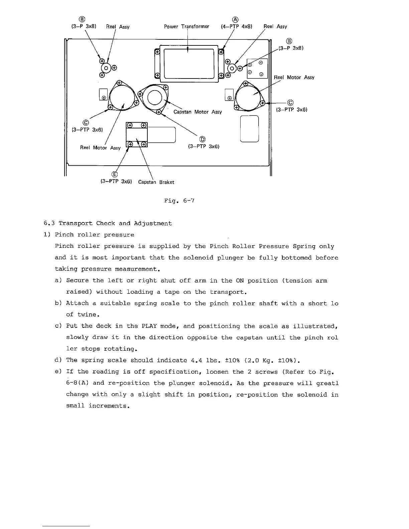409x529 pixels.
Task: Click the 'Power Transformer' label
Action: [186, 26]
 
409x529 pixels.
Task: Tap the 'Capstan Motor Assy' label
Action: [197, 112]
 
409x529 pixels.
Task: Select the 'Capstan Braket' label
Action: [156, 182]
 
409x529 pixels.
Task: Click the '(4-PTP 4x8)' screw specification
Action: [237, 26]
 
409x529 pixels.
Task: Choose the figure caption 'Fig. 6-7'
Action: [179, 201]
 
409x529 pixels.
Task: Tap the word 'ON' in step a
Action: [240, 281]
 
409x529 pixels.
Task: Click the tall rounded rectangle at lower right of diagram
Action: [250, 129]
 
